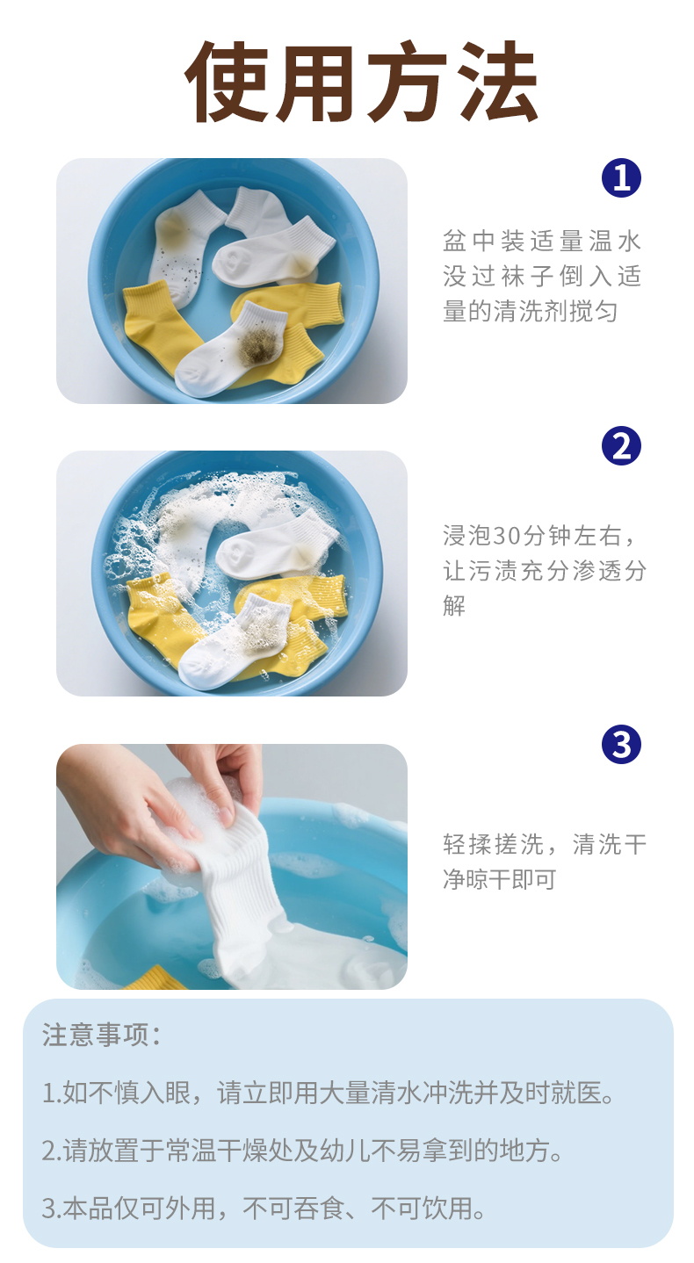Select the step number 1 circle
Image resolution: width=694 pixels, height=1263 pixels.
(621, 177)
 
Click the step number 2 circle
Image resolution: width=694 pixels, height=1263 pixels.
(621, 445)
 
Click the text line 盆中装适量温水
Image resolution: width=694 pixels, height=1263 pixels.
(542, 242)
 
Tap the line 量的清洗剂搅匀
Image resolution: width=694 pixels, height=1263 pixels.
(530, 311)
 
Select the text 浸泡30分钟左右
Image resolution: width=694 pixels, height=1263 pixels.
(531, 536)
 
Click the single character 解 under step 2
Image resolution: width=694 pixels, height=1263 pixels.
(454, 605)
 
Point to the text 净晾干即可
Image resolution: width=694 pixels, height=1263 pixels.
(500, 879)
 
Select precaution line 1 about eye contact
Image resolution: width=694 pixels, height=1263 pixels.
(328, 1093)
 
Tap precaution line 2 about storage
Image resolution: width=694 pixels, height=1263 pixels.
(302, 1151)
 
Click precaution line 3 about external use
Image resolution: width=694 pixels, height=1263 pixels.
(264, 1208)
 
